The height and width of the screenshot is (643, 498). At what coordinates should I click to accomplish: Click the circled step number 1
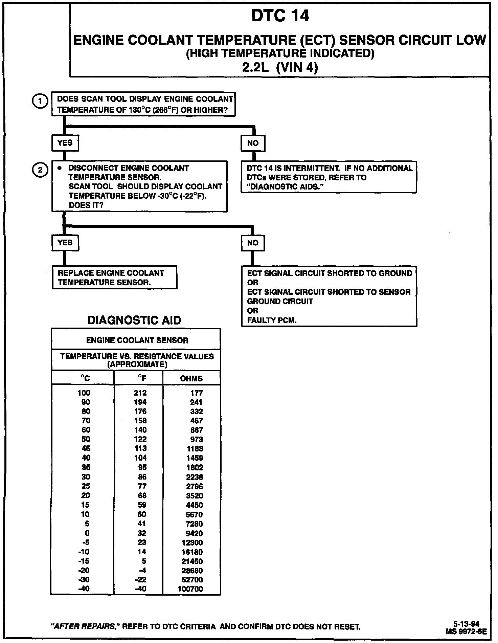pos(40,102)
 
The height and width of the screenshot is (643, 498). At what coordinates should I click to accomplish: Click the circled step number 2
pos(40,170)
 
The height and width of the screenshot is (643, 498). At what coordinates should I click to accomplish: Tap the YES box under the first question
pos(65,143)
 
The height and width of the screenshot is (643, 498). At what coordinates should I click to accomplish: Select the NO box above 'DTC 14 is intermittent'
pos(253,143)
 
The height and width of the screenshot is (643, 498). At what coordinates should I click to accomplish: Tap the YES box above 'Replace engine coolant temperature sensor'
pos(65,243)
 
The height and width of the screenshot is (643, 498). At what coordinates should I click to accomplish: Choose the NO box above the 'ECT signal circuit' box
pos(253,243)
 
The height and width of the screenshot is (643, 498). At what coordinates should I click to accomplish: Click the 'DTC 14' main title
pos(280,16)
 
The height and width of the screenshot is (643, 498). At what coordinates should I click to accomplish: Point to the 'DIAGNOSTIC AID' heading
pos(134,320)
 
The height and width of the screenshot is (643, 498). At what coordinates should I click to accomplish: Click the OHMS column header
pos(191,378)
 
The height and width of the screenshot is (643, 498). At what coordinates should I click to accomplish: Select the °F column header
pos(142,378)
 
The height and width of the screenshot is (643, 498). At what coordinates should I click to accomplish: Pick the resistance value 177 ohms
pos(197,393)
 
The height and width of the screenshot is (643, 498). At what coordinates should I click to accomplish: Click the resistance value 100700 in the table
pos(190,589)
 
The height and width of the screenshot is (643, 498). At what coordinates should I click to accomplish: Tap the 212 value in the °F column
pos(140,393)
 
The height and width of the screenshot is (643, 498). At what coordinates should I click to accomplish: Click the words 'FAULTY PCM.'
pos(272,320)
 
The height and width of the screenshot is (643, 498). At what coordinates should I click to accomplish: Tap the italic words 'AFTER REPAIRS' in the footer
pos(84,627)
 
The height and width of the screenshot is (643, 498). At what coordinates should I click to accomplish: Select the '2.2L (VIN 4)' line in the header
pos(280,68)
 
